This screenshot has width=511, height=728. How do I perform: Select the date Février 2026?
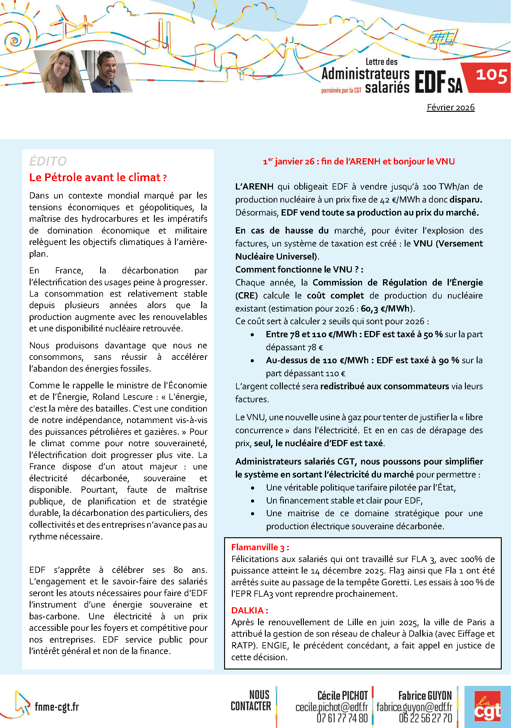click(450, 107)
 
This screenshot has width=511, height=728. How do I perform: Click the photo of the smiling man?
click(108, 71)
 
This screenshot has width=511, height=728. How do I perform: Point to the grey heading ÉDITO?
click(48, 161)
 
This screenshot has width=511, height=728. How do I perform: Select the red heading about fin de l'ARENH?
click(359, 161)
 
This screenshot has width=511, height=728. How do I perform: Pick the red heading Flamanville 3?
click(260, 547)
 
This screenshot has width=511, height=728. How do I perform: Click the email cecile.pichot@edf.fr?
click(331, 707)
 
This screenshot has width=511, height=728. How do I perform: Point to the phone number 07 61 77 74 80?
click(342, 718)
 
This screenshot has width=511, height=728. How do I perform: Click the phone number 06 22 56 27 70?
click(425, 718)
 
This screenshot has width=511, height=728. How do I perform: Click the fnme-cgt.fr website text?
click(57, 707)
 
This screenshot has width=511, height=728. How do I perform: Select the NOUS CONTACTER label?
click(251, 700)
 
